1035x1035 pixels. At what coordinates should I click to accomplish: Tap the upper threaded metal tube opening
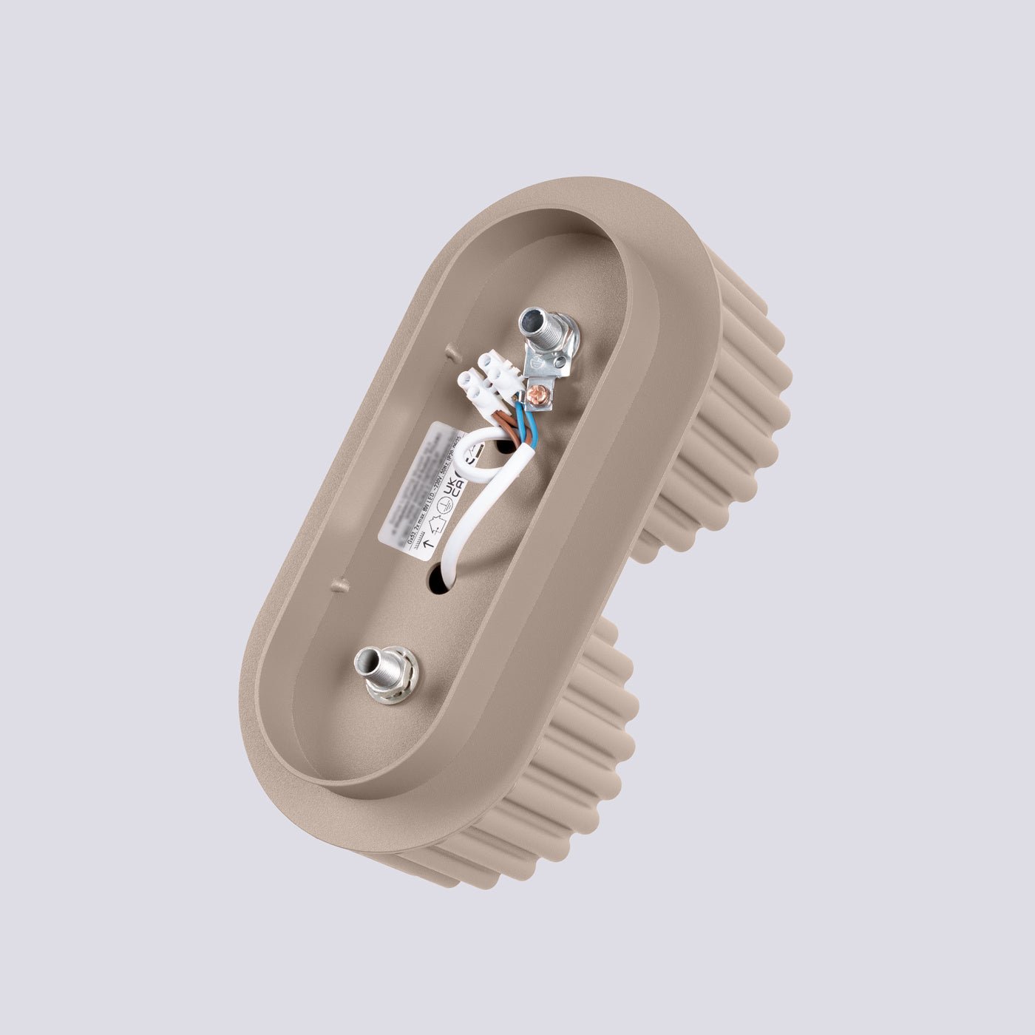[x=531, y=320]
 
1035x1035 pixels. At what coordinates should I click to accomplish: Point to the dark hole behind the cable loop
[x=509, y=447]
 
